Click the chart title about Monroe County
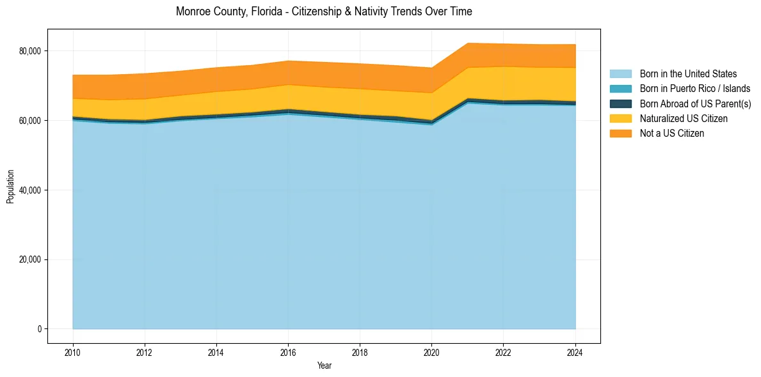pyautogui.click(x=324, y=12)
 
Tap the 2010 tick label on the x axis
pyautogui.click(x=73, y=351)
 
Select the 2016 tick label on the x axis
pyautogui.click(x=288, y=351)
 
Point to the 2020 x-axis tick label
pyautogui.click(x=431, y=351)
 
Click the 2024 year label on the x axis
pyautogui.click(x=575, y=351)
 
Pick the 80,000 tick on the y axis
pyautogui.click(x=31, y=51)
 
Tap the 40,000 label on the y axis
pyautogui.click(x=31, y=190)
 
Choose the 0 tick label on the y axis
pyautogui.click(x=39, y=329)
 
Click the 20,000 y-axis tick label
pyautogui.click(x=31, y=259)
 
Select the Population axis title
pyautogui.click(x=10, y=187)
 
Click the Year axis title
pyautogui.click(x=324, y=365)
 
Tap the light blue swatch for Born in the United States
pyautogui.click(x=620, y=74)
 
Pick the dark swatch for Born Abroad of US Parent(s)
pyautogui.click(x=620, y=104)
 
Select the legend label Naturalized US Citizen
pyautogui.click(x=684, y=118)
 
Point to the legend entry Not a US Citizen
pyautogui.click(x=672, y=133)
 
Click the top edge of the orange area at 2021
pyautogui.click(x=467, y=43)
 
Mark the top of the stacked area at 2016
pyautogui.click(x=288, y=61)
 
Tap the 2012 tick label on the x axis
pyautogui.click(x=145, y=351)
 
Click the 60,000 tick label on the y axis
pyautogui.click(x=31, y=121)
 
